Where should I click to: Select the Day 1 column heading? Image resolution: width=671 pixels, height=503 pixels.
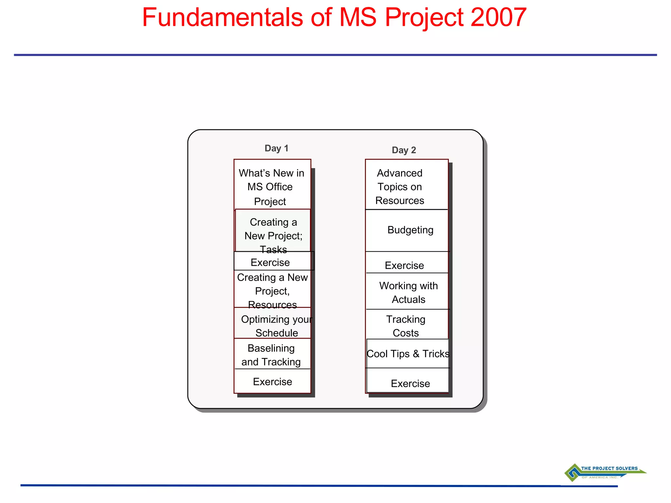point(276,148)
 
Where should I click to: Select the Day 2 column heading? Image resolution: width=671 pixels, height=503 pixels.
point(404,150)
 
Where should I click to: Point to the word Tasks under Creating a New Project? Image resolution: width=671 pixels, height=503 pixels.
point(273,250)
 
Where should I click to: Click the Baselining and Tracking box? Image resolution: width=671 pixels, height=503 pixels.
point(271,355)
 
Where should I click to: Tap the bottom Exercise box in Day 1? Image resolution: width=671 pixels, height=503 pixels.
point(272,382)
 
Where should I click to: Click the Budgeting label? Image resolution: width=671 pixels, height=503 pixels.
point(410,230)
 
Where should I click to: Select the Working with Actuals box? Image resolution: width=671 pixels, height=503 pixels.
point(408,292)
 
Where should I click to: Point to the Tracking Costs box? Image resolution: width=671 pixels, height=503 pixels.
point(406,326)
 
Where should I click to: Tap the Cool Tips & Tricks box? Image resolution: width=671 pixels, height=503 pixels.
point(408,354)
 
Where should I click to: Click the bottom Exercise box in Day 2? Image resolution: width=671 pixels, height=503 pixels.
point(410,383)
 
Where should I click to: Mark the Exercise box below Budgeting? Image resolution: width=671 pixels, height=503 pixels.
point(404,265)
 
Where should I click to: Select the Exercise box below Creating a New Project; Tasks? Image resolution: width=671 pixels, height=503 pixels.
point(270,262)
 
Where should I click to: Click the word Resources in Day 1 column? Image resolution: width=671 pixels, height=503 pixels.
point(272,305)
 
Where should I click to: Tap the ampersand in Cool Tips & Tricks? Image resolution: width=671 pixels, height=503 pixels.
point(416,354)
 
